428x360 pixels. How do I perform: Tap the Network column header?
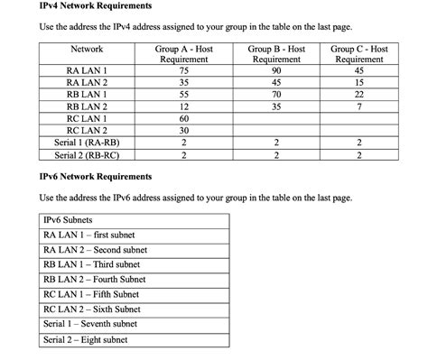pos(87,49)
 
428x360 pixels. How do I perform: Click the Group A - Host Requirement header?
pos(183,54)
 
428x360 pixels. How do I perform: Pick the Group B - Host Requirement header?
pos(276,54)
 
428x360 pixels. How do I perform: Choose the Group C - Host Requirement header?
pos(359,54)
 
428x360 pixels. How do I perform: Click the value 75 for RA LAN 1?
pos(183,70)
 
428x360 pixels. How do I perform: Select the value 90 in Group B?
pos(276,70)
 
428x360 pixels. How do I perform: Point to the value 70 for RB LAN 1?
pos(276,95)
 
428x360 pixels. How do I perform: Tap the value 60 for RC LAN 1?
pos(183,119)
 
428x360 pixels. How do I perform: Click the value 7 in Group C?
pos(359,106)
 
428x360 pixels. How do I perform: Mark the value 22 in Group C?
pos(359,95)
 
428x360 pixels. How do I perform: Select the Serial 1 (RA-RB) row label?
pos(87,143)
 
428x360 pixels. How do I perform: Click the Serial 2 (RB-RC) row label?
pos(87,155)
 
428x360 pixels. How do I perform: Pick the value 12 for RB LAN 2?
pos(183,106)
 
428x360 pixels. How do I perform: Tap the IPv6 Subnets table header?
pos(68,220)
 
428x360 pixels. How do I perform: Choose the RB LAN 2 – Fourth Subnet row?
pos(91,280)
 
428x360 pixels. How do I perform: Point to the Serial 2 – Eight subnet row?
pos(86,340)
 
